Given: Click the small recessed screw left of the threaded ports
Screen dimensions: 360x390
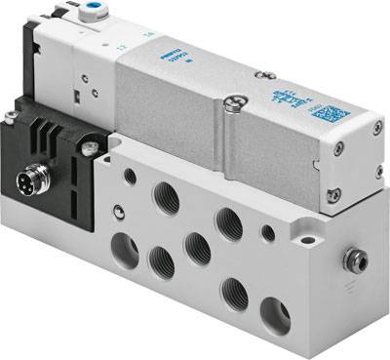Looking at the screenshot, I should [x=117, y=208].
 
